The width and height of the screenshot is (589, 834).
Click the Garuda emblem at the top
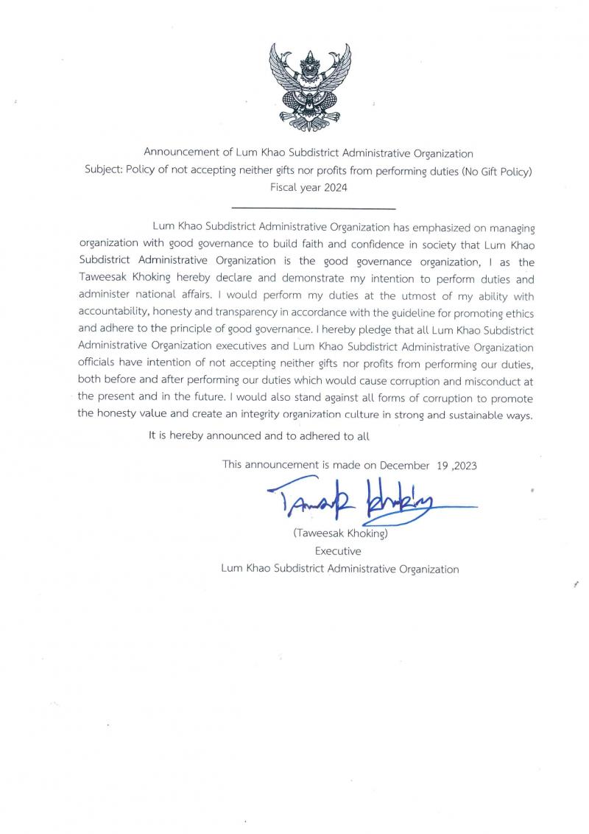click(309, 87)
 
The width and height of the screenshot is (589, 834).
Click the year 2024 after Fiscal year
click(335, 188)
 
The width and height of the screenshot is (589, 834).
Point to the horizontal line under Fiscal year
click(314, 209)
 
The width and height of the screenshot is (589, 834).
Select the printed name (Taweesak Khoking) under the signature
click(340, 533)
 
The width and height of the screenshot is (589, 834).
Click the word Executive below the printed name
click(338, 550)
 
